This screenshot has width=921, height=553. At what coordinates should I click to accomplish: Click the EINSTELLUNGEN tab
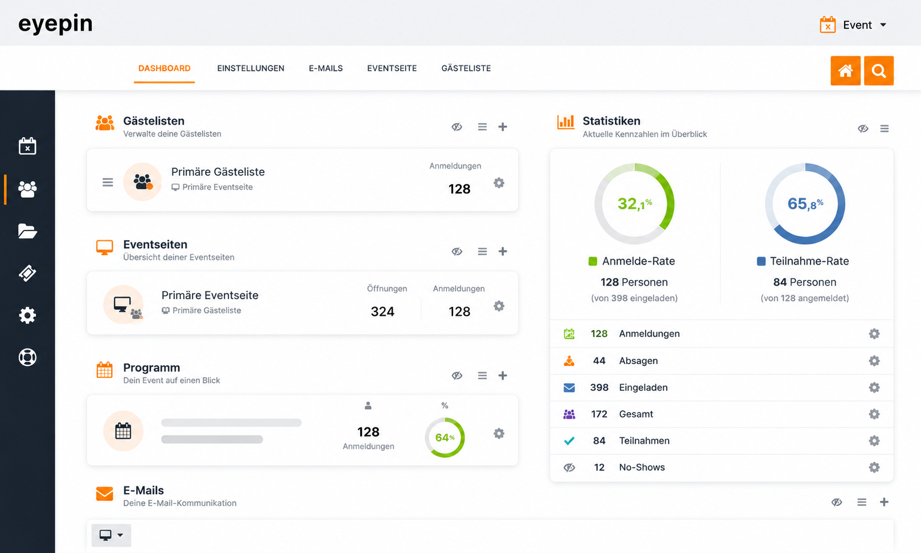250,68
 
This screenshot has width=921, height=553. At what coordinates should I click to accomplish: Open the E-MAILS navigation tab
326,68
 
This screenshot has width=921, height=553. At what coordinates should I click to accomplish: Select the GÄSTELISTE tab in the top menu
466,68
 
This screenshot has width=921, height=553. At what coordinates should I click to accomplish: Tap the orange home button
845,71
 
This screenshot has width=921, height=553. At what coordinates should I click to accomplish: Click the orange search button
879,71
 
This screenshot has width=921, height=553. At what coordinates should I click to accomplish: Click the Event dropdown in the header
853,25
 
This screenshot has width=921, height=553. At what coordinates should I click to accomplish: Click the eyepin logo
56,24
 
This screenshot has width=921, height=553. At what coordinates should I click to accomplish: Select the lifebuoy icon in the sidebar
27,357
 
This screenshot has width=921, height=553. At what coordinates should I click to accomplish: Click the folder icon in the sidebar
27,231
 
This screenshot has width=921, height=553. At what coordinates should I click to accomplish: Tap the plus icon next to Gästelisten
503,127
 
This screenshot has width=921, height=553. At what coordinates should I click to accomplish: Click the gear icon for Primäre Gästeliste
499,183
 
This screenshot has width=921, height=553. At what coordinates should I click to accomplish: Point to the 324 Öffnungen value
383,311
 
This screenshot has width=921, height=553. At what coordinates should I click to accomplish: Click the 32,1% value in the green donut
635,203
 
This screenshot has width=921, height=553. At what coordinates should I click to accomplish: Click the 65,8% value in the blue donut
805,203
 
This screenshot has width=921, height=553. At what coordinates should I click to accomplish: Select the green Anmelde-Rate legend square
593,261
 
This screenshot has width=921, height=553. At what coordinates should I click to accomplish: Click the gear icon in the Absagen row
874,361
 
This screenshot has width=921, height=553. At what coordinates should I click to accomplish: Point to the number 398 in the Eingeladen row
599,387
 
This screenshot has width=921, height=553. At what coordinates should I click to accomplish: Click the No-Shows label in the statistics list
642,467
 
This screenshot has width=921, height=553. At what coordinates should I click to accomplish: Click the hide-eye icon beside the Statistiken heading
863,129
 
